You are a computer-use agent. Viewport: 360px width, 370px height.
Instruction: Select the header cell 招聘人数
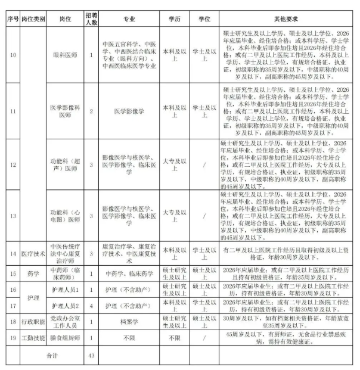[x=91, y=19]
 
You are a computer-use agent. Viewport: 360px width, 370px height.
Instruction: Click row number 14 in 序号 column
[x=13, y=253]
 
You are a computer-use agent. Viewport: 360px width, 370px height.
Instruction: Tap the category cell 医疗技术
[x=33, y=253]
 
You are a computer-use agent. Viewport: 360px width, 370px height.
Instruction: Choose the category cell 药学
[x=33, y=273]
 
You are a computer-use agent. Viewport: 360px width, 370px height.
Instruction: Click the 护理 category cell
[x=33, y=297]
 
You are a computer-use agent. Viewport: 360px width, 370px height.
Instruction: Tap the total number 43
[x=91, y=356]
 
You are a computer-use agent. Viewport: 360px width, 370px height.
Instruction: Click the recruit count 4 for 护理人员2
[x=91, y=306]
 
